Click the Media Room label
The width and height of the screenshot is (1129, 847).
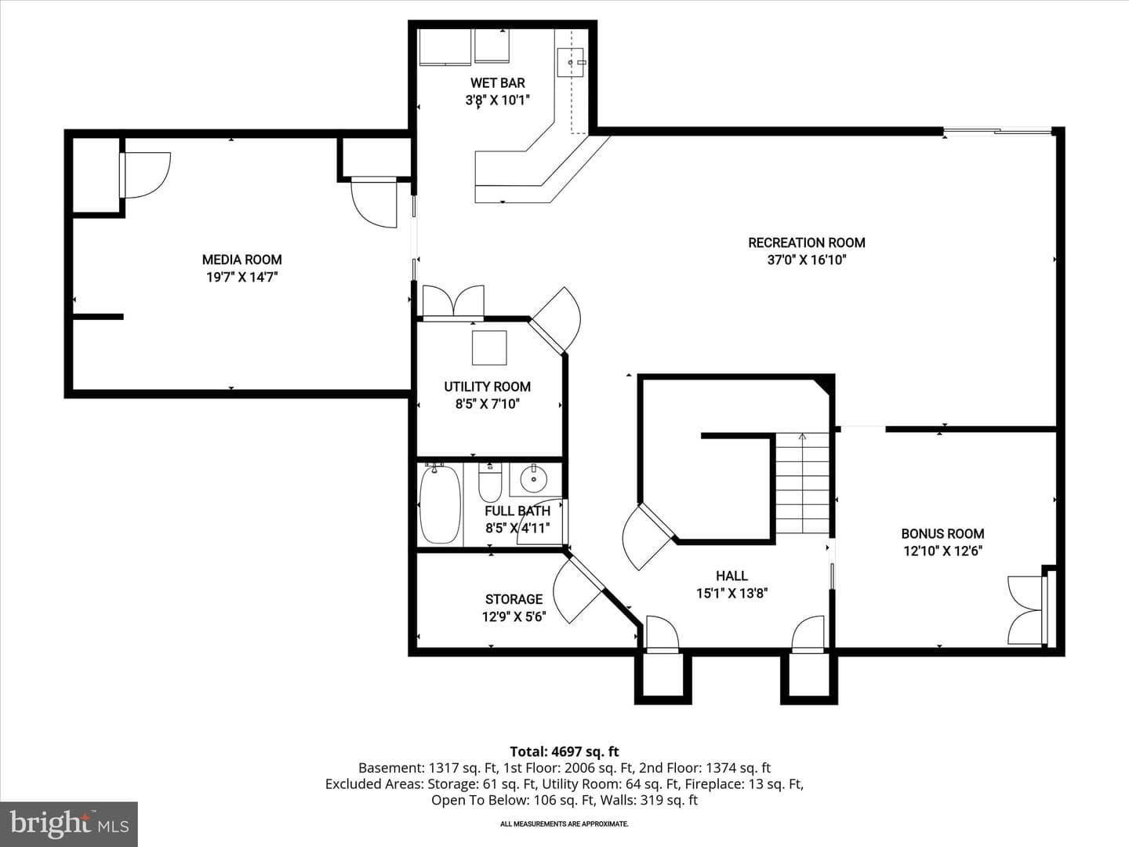pos(241,260)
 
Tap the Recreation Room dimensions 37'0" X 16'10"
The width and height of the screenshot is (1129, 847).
pos(807,260)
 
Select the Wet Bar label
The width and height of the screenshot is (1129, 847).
pos(497,83)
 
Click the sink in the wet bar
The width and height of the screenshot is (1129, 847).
pos(571,62)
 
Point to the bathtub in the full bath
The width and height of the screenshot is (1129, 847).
pos(440,504)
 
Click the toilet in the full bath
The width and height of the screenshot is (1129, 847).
pos(490,482)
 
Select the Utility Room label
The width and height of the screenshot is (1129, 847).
pos(487,387)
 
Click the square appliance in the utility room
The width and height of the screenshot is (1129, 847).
pos(489,348)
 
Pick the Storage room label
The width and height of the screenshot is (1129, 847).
pos(514,599)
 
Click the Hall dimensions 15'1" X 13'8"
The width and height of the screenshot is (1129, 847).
pos(732,594)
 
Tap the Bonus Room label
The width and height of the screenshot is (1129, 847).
pos(943,534)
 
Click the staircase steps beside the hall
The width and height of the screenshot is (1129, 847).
pos(802,483)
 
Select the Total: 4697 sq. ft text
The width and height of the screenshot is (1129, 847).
pos(564,751)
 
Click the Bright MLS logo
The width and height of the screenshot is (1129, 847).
pos(69,823)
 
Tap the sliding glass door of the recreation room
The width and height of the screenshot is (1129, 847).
pos(996,132)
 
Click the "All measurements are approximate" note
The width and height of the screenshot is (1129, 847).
pos(564,823)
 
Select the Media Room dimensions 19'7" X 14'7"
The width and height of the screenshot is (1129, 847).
pos(241,278)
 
